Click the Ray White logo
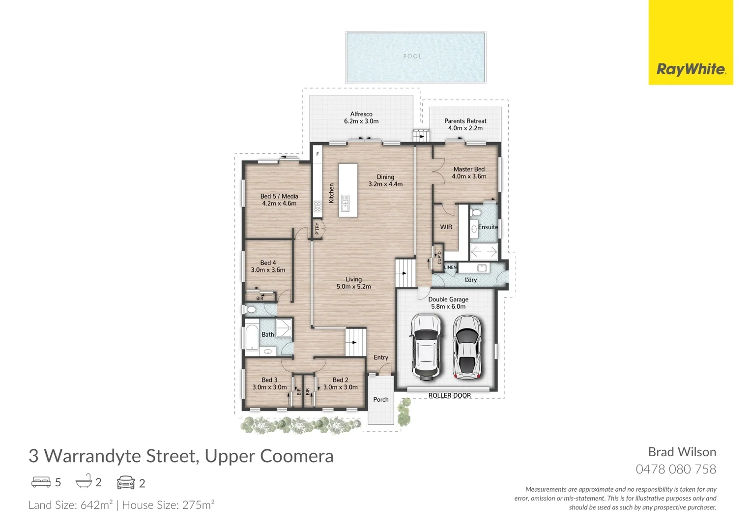click(x=691, y=69)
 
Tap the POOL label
click(x=412, y=57)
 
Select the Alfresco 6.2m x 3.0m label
click(x=361, y=118)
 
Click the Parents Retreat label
click(x=465, y=124)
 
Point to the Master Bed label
click(x=469, y=173)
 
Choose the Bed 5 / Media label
click(x=279, y=200)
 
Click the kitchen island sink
click(x=345, y=203)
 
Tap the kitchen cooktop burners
click(x=318, y=206)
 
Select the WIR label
click(x=446, y=227)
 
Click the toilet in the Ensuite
click(x=476, y=213)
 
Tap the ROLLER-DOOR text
click(x=449, y=395)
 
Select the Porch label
click(x=380, y=400)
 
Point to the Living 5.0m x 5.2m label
click(x=353, y=283)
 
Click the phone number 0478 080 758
click(x=676, y=470)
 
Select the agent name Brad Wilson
click(x=682, y=452)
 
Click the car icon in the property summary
click(x=126, y=483)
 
